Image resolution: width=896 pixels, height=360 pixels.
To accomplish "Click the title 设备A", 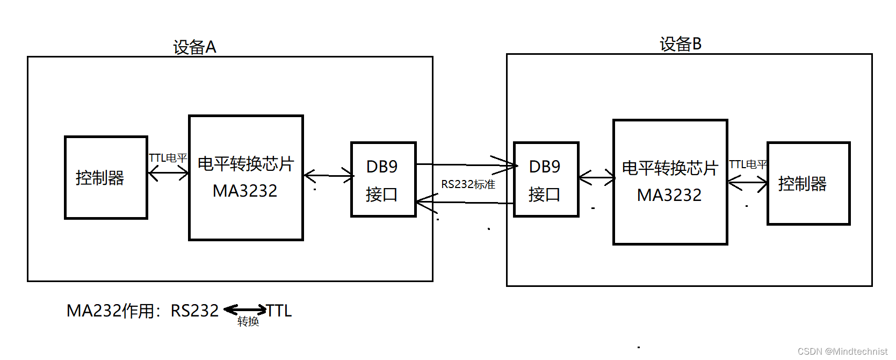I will [x=194, y=47].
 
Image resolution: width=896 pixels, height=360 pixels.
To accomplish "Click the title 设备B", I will [x=681, y=44].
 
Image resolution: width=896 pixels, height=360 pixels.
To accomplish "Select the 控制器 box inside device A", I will [x=106, y=177].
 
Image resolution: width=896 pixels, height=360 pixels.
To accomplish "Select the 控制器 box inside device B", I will [x=808, y=183].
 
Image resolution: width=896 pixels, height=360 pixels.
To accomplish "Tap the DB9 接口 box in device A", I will [x=383, y=179].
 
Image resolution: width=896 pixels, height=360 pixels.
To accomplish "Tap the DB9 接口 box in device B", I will [x=546, y=179].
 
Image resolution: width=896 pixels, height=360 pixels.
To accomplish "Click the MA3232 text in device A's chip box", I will [x=245, y=191].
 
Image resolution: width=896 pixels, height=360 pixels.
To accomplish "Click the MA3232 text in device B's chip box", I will [x=669, y=195].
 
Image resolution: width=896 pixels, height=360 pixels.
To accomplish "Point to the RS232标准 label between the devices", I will [x=468, y=184].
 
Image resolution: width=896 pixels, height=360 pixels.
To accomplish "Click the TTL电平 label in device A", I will [x=168, y=158].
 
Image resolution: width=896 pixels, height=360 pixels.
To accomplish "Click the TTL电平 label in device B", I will [x=748, y=164].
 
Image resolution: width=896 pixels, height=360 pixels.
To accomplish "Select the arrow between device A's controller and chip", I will [x=168, y=173].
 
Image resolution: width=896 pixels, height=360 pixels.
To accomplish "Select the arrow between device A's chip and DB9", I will [x=328, y=176].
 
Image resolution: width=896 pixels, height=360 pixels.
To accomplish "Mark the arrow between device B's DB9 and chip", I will [x=596, y=177].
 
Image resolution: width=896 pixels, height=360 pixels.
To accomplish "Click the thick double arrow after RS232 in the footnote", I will [x=245, y=309].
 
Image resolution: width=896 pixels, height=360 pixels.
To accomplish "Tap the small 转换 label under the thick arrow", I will [x=248, y=321].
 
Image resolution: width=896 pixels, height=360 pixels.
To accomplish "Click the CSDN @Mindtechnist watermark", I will [x=842, y=351].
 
